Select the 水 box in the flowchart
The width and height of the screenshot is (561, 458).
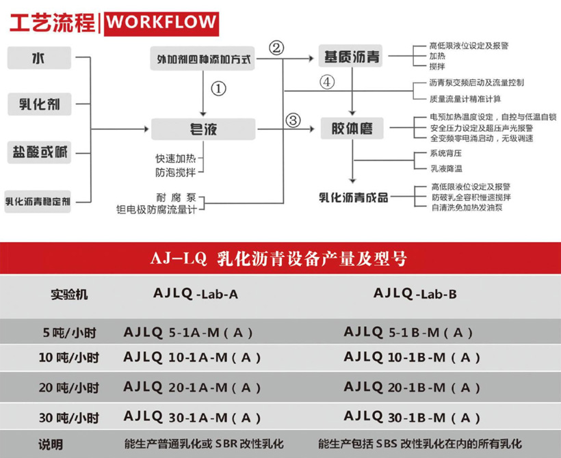point(40,58)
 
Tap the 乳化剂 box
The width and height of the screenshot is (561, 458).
point(40,105)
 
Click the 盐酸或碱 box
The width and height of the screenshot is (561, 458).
point(40,152)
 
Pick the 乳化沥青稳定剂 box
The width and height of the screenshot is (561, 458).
point(39,200)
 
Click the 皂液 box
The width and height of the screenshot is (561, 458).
point(203,129)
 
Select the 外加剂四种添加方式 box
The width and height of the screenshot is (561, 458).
point(203,59)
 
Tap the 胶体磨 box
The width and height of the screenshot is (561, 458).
point(352,128)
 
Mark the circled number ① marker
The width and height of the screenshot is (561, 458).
point(218,89)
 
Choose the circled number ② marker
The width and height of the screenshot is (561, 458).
point(276,48)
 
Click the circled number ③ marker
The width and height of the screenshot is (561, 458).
point(293,121)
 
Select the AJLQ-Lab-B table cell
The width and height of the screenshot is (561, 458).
point(415,294)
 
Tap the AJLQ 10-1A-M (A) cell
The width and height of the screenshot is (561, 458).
point(188,357)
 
